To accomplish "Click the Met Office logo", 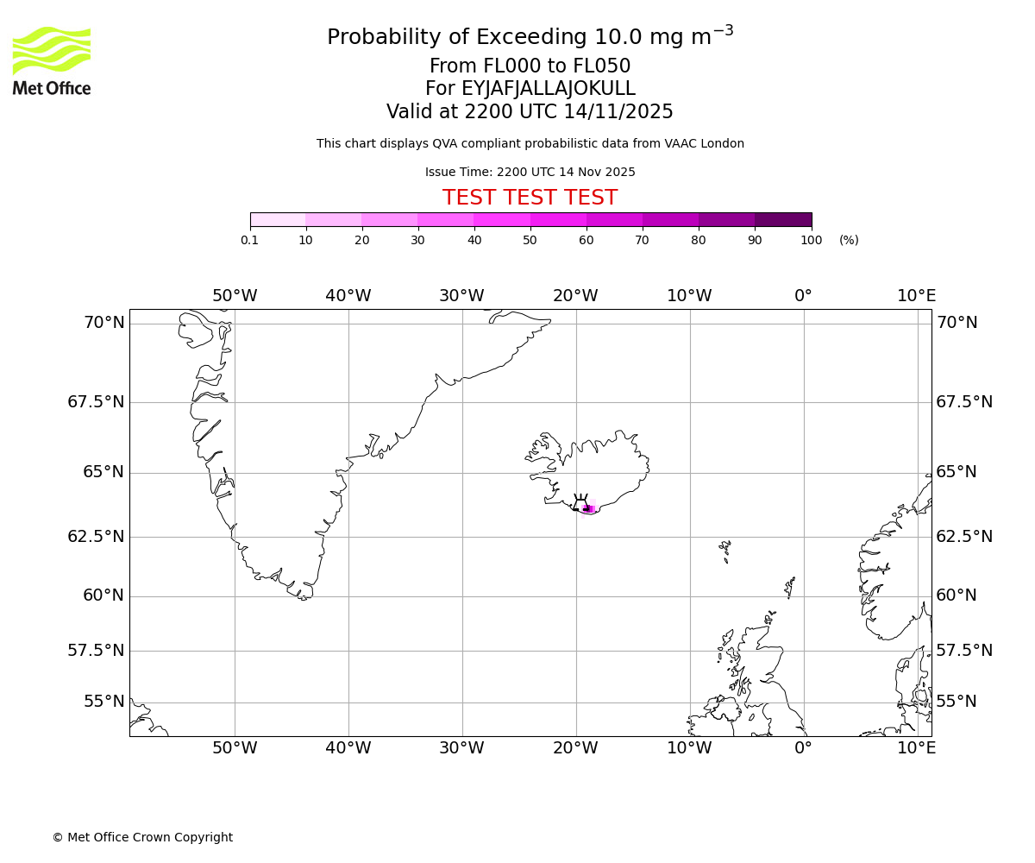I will (52, 60).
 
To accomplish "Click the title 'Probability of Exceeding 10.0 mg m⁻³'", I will (530, 37).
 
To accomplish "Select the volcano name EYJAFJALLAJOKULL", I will (549, 89).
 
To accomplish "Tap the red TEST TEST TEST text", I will (530, 198).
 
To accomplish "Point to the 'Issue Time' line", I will (530, 172).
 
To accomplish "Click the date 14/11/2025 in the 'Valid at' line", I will (618, 112).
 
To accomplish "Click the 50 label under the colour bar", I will (530, 240).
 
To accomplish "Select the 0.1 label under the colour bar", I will (250, 240).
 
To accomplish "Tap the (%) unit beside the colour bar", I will (849, 240).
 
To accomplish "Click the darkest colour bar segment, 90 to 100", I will (783, 220).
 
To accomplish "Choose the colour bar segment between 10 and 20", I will (334, 220).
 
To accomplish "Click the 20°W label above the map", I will (575, 296).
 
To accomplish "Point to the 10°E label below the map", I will (916, 748).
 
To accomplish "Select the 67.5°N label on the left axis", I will (96, 402).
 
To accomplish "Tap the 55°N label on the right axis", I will (957, 702).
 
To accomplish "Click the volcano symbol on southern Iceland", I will (580, 502).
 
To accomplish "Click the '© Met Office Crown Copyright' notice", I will (142, 837).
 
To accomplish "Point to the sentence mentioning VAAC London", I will (530, 144).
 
